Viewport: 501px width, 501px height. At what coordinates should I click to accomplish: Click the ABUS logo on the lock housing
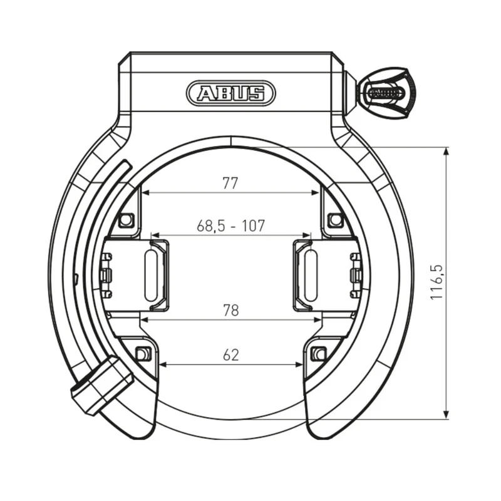(x=230, y=93)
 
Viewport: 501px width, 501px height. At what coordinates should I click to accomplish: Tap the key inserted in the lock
(x=387, y=93)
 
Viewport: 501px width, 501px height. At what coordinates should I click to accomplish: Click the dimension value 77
(x=230, y=183)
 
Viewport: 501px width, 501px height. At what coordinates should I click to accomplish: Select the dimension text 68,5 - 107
(x=230, y=226)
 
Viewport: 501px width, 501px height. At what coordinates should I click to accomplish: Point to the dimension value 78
(x=230, y=310)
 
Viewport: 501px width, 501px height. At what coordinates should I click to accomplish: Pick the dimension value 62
(x=230, y=355)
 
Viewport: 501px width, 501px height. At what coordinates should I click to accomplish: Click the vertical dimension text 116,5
(x=436, y=282)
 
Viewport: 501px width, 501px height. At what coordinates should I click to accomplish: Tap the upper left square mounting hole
(x=127, y=220)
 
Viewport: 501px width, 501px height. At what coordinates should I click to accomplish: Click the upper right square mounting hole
(x=335, y=220)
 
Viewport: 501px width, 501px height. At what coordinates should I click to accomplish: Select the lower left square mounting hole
(x=143, y=354)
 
